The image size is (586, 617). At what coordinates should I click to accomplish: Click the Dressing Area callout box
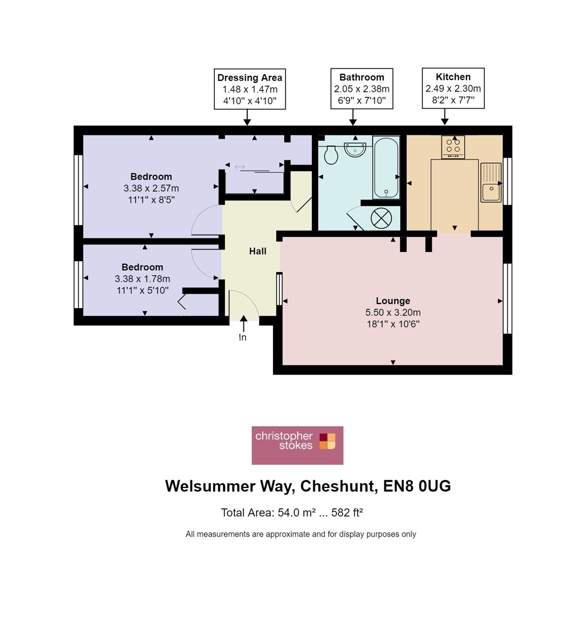(x=250, y=89)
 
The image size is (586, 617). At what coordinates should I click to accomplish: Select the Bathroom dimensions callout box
(x=362, y=89)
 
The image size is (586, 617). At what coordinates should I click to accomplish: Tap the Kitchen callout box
(x=453, y=88)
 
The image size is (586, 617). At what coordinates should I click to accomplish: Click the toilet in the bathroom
(x=331, y=155)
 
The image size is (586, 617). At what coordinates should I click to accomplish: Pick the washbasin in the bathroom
(x=355, y=149)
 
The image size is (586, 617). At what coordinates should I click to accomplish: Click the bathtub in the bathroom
(x=386, y=168)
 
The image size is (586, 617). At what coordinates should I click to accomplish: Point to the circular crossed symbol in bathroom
(x=381, y=218)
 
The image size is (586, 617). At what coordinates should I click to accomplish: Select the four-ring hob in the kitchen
(x=453, y=147)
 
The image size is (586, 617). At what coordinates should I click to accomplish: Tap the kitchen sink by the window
(x=491, y=182)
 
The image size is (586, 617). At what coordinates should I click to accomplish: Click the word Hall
(x=257, y=251)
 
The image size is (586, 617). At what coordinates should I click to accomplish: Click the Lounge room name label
(x=393, y=301)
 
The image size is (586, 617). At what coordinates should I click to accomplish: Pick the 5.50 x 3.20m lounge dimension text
(x=393, y=312)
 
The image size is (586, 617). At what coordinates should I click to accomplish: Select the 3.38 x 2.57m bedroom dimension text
(x=151, y=188)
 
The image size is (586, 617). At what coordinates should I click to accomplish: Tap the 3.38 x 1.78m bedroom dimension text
(x=142, y=279)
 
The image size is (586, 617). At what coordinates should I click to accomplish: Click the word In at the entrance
(x=242, y=337)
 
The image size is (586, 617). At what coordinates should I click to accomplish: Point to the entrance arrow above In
(x=244, y=324)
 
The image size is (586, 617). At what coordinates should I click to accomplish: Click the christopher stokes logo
(x=297, y=445)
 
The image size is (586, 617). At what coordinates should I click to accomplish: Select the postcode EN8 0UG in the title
(x=417, y=486)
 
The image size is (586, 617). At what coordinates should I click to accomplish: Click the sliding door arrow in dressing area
(x=240, y=167)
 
